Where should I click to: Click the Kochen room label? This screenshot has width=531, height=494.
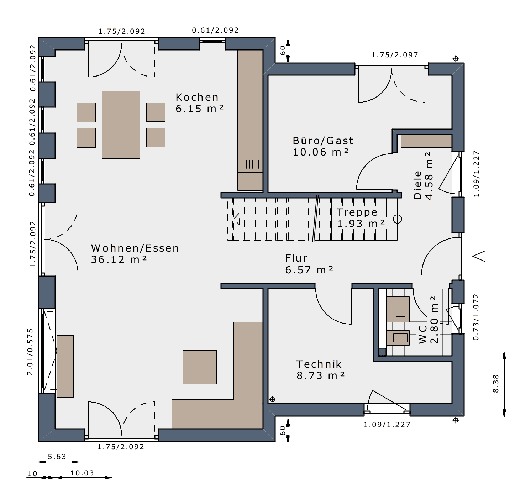point(197,97)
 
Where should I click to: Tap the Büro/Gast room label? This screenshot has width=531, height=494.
point(323,141)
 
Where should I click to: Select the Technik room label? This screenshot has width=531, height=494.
point(319,364)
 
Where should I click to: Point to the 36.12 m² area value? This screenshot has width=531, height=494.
point(119,259)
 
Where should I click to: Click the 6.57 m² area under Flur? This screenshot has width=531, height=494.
point(309,270)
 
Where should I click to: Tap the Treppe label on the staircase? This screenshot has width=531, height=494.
point(357,212)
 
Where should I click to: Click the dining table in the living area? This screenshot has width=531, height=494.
point(121,125)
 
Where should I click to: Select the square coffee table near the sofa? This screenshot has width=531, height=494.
point(199,367)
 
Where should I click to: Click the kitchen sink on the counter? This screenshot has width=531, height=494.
point(251,146)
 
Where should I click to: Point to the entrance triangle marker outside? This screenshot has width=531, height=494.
point(479,256)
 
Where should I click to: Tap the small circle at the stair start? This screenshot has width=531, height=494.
point(397,219)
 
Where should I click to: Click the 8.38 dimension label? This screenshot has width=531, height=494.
point(496,384)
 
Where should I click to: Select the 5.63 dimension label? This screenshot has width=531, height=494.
point(57,457)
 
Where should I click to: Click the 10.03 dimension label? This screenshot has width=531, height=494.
point(82,473)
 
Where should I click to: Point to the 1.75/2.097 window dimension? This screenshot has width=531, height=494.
point(395,55)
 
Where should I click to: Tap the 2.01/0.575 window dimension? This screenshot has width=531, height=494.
point(30,352)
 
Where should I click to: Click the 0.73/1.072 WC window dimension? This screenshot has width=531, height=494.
point(476,317)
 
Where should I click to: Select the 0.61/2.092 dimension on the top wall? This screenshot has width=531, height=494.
point(215,30)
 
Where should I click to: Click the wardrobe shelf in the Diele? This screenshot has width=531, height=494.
point(426,141)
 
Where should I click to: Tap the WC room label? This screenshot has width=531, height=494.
point(423,338)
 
